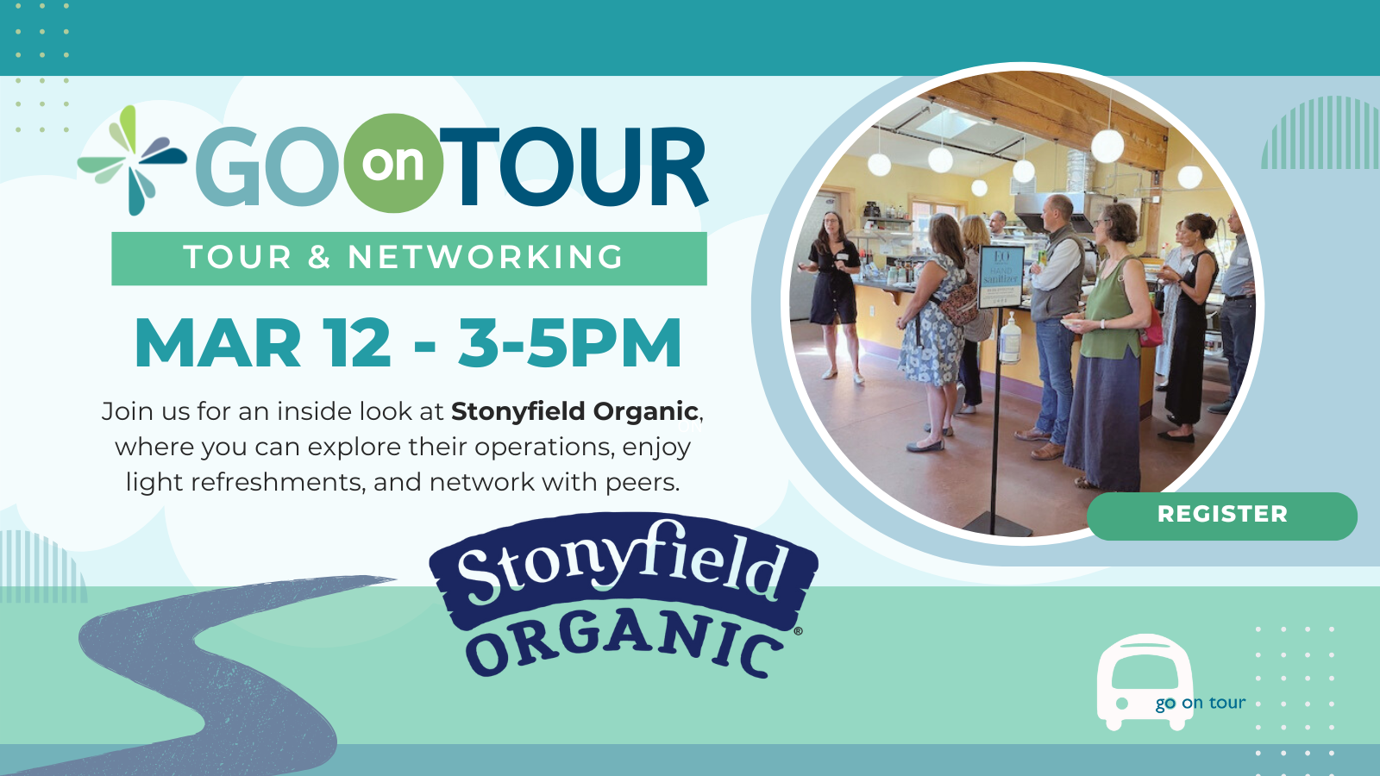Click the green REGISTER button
tap(1221, 516)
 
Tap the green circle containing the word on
tap(393, 163)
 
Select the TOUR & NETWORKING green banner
tap(409, 258)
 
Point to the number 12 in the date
tap(356, 344)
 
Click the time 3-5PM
tap(570, 344)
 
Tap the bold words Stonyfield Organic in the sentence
tap(574, 411)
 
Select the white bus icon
tap(1144, 681)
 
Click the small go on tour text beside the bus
tap(1200, 703)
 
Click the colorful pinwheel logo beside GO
tap(132, 160)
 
